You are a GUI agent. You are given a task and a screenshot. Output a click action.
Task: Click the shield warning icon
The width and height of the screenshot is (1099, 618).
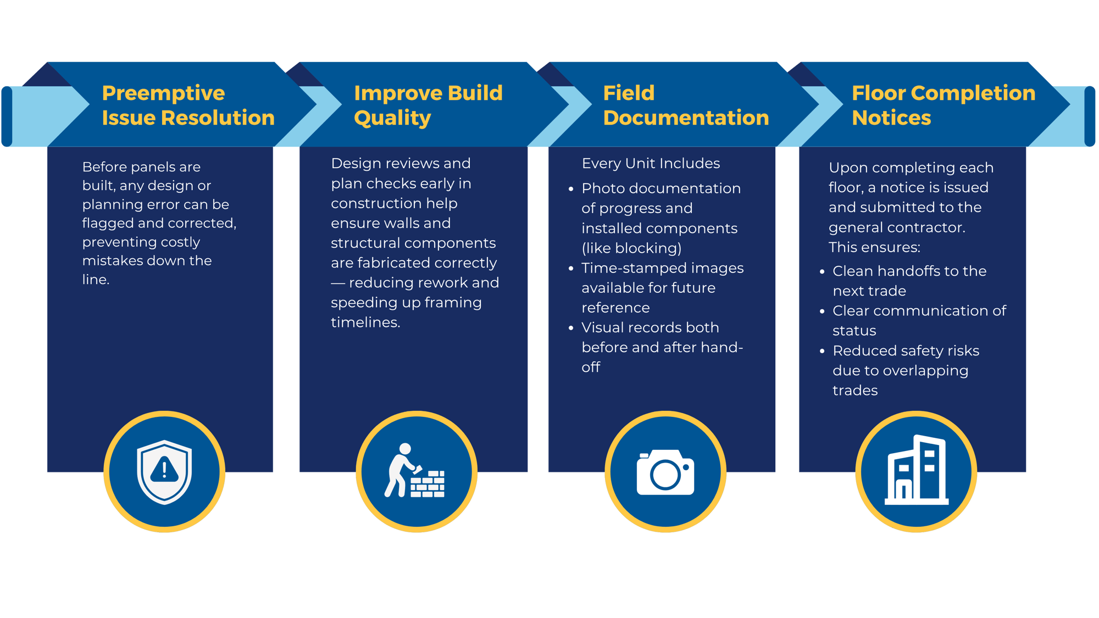(164, 471)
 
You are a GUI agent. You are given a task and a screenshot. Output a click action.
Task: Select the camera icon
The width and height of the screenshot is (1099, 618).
(665, 472)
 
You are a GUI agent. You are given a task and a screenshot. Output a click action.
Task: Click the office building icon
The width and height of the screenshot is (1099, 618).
(916, 471)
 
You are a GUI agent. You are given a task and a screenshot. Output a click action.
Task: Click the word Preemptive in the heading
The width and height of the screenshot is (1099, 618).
(163, 93)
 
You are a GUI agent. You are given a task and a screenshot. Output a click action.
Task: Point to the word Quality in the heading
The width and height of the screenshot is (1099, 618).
(392, 118)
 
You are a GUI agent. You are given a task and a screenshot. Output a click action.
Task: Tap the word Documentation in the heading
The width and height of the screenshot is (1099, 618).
(686, 118)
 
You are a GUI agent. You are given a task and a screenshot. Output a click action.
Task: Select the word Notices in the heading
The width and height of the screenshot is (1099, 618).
(891, 118)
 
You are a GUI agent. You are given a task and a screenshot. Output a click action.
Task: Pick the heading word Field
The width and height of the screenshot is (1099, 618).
(629, 93)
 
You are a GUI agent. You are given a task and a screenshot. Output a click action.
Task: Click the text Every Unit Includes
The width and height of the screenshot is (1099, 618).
(651, 164)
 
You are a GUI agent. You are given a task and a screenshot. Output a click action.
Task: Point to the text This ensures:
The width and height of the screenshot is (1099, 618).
(874, 248)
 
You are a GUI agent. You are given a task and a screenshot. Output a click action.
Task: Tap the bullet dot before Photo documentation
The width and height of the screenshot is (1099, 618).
(571, 189)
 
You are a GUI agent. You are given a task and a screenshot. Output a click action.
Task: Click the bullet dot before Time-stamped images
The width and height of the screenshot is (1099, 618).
(571, 269)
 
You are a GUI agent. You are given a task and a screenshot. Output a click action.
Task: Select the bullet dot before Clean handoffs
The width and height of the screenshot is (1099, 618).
(822, 271)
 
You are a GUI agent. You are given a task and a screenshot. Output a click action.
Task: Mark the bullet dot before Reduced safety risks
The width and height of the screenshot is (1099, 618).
(822, 351)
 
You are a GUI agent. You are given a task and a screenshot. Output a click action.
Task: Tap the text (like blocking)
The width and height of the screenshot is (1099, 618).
(631, 248)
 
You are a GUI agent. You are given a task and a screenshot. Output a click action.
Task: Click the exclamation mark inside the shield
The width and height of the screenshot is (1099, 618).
(164, 469)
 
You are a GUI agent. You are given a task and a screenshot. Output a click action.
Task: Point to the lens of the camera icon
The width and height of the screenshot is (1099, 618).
(665, 475)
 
